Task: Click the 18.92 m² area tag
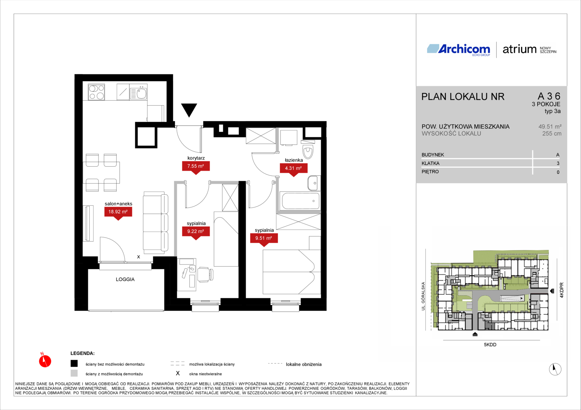pyautogui.click(x=118, y=211)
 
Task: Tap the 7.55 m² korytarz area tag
pyautogui.click(x=196, y=166)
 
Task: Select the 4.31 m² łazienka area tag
pyautogui.click(x=294, y=168)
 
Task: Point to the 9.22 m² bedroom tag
pyautogui.click(x=196, y=231)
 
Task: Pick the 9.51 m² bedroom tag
pyautogui.click(x=264, y=238)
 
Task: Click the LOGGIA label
pyautogui.click(x=125, y=279)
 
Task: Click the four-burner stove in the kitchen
pyautogui.click(x=96, y=92)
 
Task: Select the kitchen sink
pyautogui.click(x=138, y=93)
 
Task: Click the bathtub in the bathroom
pyautogui.click(x=300, y=201)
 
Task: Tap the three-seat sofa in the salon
pyautogui.click(x=156, y=223)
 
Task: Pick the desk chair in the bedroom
pyautogui.click(x=205, y=274)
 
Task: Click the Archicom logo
pyautogui.click(x=459, y=49)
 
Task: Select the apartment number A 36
pyautogui.click(x=549, y=96)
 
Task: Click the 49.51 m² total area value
pyautogui.click(x=550, y=127)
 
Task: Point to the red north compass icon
pyautogui.click(x=45, y=360)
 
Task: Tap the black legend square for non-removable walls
pyautogui.click(x=74, y=363)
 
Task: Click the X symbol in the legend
pyautogui.click(x=178, y=373)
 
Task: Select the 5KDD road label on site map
pyautogui.click(x=490, y=344)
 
